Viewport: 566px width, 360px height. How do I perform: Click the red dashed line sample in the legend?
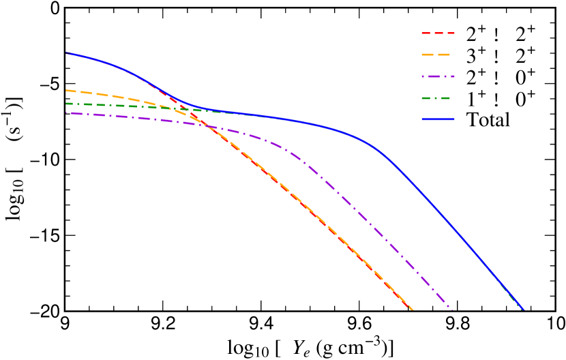click(x=438, y=33)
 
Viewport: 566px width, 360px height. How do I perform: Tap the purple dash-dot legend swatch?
click(x=438, y=76)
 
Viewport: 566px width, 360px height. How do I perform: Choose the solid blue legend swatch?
click(x=438, y=119)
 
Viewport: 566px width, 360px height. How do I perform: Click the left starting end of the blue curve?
click(x=66, y=52)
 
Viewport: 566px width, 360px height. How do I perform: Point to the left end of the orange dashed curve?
click(x=66, y=90)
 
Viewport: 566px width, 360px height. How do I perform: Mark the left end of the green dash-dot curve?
click(x=66, y=104)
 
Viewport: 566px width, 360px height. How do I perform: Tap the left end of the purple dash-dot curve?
click(x=66, y=112)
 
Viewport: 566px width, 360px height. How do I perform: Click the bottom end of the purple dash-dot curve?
click(x=451, y=309)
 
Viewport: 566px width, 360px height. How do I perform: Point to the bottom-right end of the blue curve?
click(x=522, y=310)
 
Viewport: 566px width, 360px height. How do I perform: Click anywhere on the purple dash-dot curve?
click(x=341, y=197)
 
